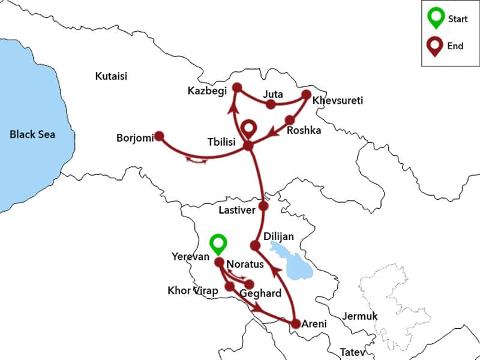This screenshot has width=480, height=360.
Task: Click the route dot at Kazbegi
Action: tap(237, 88)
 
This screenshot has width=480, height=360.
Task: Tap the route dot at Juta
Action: tap(271, 104)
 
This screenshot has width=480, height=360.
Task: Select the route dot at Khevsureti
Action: tap(307, 95)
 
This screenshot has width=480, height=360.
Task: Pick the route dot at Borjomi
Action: tap(160, 136)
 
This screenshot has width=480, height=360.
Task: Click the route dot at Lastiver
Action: tap(263, 206)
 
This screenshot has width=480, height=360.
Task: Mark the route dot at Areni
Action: tap(295, 324)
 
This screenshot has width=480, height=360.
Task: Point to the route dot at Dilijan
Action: tap(254, 245)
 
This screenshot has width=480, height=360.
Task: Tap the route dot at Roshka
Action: tap(290, 119)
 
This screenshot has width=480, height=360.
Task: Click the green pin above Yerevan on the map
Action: tap(218, 244)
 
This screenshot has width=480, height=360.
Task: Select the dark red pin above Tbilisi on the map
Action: tap(248, 128)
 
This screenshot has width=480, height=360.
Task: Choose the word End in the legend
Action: tap(455, 46)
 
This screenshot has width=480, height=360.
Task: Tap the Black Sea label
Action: tap(32, 134)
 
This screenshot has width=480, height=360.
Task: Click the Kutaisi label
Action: tap(112, 76)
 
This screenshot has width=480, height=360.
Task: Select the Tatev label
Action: tap(352, 352)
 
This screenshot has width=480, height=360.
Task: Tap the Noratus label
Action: tap(245, 264)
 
